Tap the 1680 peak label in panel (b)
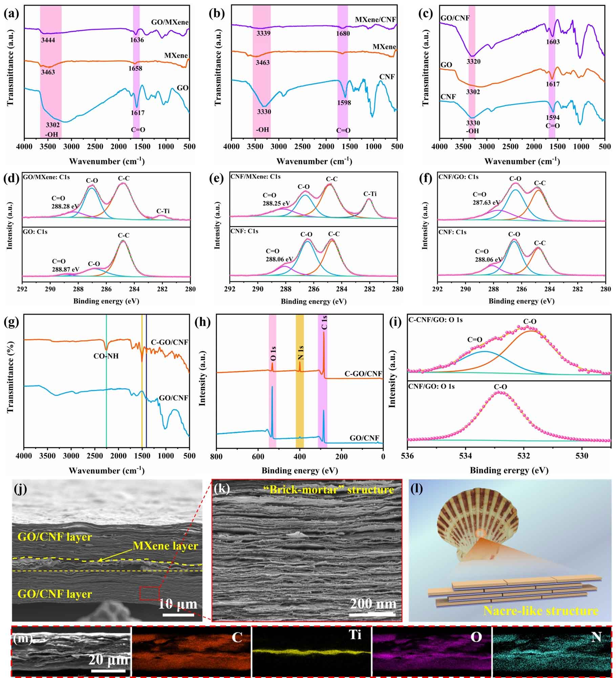(343, 33)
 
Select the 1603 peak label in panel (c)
(553, 42)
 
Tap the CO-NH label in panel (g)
(106, 356)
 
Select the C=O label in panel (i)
(474, 340)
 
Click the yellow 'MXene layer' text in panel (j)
(165, 545)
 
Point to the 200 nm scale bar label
(373, 604)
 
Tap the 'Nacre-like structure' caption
(540, 611)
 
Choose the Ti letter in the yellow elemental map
(355, 635)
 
